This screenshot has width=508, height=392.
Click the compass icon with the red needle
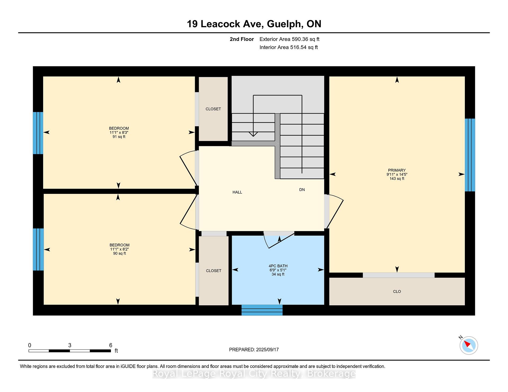tap(469, 345)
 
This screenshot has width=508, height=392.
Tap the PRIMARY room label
tap(397, 170)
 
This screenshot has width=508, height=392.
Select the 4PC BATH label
tap(278, 266)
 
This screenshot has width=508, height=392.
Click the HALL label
tap(237, 192)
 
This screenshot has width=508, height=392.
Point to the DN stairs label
tap(302, 190)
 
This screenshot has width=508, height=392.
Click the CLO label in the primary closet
tap(397, 292)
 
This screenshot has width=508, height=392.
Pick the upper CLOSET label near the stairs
tap(213, 109)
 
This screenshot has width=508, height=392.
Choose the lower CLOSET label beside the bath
tap(214, 271)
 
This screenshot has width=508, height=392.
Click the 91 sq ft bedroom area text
tap(119, 137)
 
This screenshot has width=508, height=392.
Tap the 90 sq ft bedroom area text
tap(119, 254)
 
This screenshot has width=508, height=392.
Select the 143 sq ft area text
tap(397, 179)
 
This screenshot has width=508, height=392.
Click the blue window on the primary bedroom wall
tap(470, 155)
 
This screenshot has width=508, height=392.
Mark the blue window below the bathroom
tap(262, 310)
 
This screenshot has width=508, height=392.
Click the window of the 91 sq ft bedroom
tap(38, 133)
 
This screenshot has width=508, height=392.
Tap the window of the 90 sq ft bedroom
tap(38, 250)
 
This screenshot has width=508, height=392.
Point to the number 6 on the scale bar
tap(111, 345)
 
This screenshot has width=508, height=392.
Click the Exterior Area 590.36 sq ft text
tap(289, 39)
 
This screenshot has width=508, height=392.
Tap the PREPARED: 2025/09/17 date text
tap(254, 350)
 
